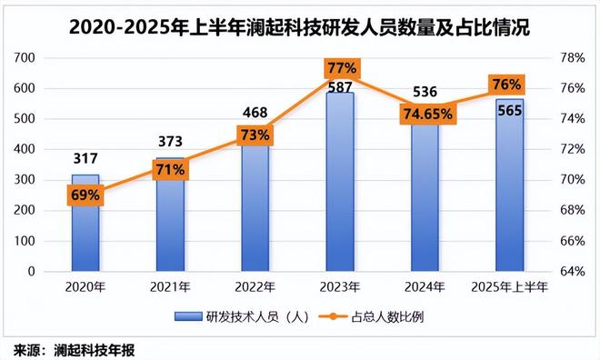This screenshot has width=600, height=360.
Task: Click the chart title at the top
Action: pyautogui.click(x=299, y=26)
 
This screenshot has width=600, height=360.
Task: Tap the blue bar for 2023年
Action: pyautogui.click(x=340, y=182)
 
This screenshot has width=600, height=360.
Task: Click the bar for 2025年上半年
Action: pyautogui.click(x=510, y=191)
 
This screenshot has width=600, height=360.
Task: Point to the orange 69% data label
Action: pyautogui.click(x=85, y=195)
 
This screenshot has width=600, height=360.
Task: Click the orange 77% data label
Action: pyautogui.click(x=341, y=69)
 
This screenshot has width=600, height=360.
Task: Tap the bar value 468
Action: pyautogui.click(x=255, y=112)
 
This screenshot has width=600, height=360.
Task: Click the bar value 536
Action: pyautogui.click(x=425, y=92)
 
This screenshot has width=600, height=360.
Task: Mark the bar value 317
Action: pyautogui.click(x=85, y=158)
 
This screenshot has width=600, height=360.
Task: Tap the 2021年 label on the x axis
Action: pyautogui.click(x=170, y=288)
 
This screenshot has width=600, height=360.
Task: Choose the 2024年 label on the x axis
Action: pyautogui.click(x=425, y=288)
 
